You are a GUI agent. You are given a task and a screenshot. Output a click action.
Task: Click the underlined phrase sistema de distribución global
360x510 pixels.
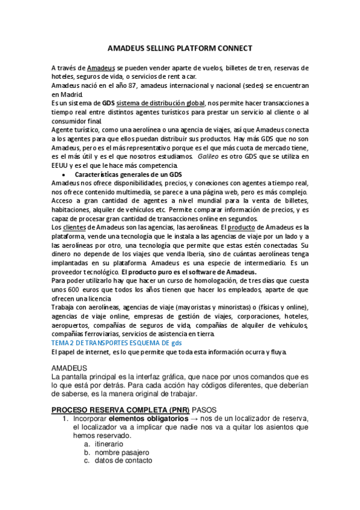click(161, 103)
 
